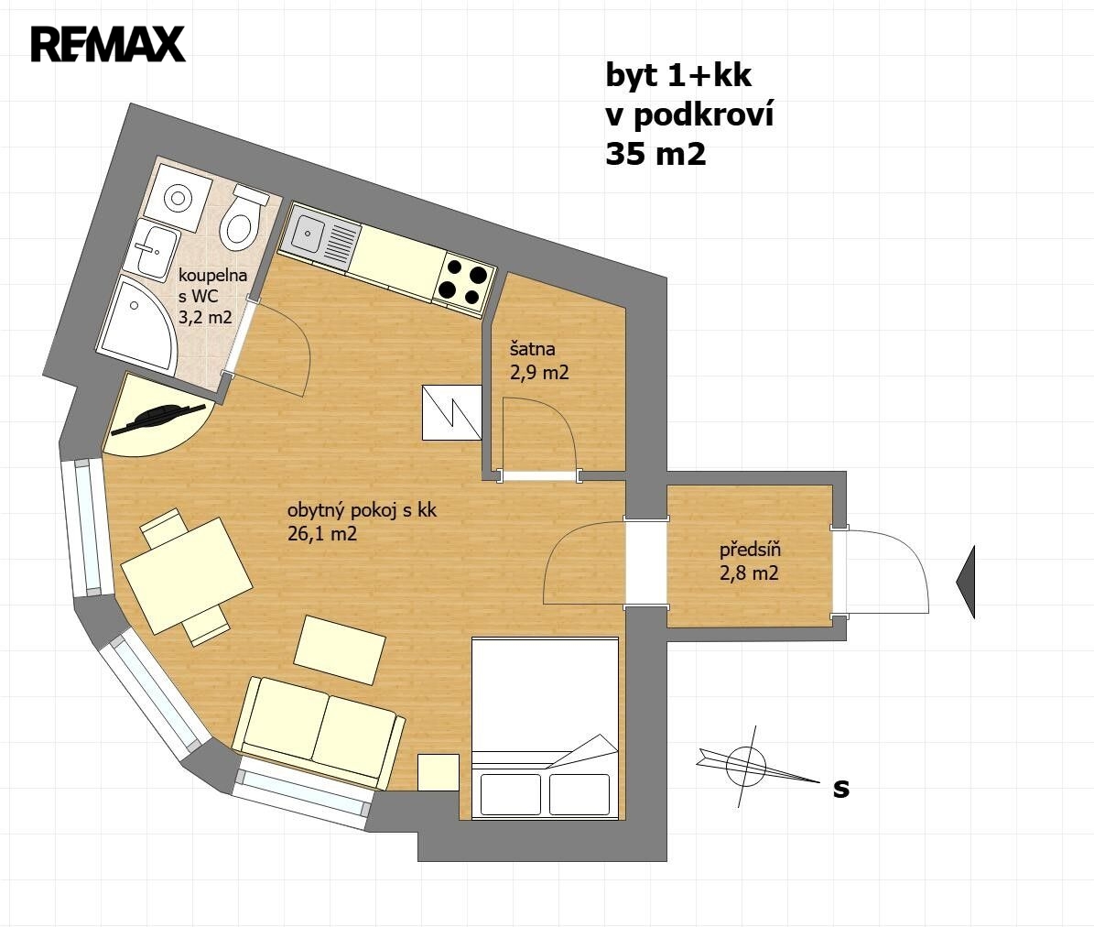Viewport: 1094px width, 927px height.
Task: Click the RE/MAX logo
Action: (x=108, y=45)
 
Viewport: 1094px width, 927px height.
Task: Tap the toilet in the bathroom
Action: (x=242, y=218)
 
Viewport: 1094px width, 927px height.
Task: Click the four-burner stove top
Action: (x=465, y=284)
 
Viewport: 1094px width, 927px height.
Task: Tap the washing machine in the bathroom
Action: (x=179, y=198)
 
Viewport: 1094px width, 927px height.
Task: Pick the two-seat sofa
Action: (x=319, y=732)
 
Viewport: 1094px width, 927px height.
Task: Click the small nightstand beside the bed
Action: (x=439, y=772)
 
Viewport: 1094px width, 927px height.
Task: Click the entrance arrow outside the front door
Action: (x=966, y=583)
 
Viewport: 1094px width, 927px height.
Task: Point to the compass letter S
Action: (x=841, y=788)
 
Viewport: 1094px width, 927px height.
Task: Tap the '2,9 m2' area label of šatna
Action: (x=539, y=373)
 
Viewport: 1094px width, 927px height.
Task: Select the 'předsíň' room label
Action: (x=750, y=550)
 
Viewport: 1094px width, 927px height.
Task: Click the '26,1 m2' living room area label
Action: (x=322, y=534)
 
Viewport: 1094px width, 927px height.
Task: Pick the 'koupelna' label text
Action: (x=212, y=275)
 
